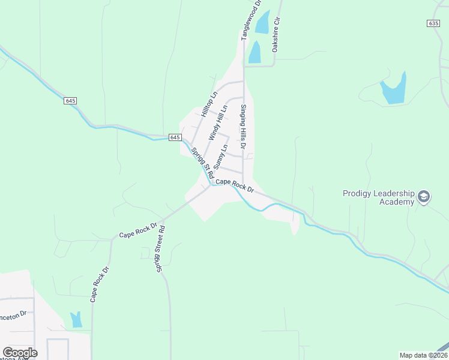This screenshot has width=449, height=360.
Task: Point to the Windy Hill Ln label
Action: [x=217, y=123]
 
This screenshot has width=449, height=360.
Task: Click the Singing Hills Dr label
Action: [x=244, y=128]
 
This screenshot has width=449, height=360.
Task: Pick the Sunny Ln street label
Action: [x=220, y=156]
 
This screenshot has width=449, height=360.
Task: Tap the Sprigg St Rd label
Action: [x=202, y=163]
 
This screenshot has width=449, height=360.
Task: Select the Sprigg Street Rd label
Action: [x=161, y=248]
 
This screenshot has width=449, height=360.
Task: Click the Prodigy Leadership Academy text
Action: [x=379, y=197]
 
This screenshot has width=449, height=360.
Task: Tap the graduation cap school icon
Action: [x=424, y=197]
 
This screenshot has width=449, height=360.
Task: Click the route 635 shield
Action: [x=434, y=23]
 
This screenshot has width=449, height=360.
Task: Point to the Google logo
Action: [x=20, y=353]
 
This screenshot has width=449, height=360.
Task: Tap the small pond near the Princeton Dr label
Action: [x=76, y=320]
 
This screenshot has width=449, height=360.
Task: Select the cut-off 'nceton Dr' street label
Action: [x=13, y=314]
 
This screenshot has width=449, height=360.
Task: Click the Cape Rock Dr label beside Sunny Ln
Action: [x=235, y=185]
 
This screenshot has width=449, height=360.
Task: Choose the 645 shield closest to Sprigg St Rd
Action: [x=175, y=137]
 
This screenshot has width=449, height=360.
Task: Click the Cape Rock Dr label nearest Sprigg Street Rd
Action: [x=138, y=231]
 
